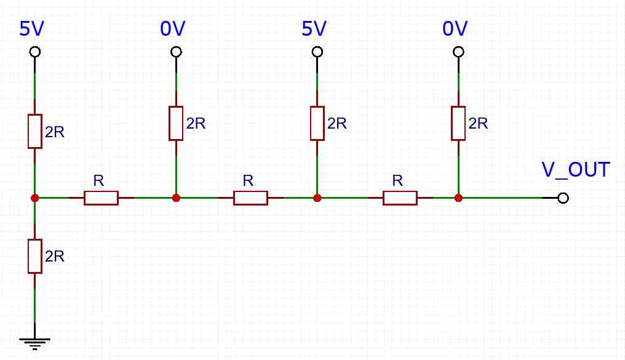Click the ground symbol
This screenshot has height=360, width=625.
[34, 342]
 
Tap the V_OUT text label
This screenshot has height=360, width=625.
[575, 170]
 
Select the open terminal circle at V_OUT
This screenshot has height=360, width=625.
[562, 198]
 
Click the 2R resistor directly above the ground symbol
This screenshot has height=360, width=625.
[34, 257]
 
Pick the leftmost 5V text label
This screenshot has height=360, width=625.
[33, 29]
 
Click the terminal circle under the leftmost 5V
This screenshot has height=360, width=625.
[35, 52]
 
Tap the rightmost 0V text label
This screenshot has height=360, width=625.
[455, 29]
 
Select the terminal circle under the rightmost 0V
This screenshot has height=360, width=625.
[458, 52]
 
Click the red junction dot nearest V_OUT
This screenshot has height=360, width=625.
[458, 198]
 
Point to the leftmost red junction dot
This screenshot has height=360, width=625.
[35, 198]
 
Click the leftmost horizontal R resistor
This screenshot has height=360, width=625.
[101, 198]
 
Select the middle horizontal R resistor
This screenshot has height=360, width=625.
[250, 198]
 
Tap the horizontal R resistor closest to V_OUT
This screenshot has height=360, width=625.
[400, 198]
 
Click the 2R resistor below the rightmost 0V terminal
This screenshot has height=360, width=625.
[458, 123]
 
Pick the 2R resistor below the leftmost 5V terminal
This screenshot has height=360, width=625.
[34, 131]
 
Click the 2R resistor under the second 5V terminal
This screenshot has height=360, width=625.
[317, 123]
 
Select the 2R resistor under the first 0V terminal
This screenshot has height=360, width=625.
[176, 123]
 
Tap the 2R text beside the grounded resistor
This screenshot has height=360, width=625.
[55, 256]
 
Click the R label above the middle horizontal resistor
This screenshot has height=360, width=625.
[248, 180]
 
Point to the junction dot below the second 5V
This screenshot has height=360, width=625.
[317, 198]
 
